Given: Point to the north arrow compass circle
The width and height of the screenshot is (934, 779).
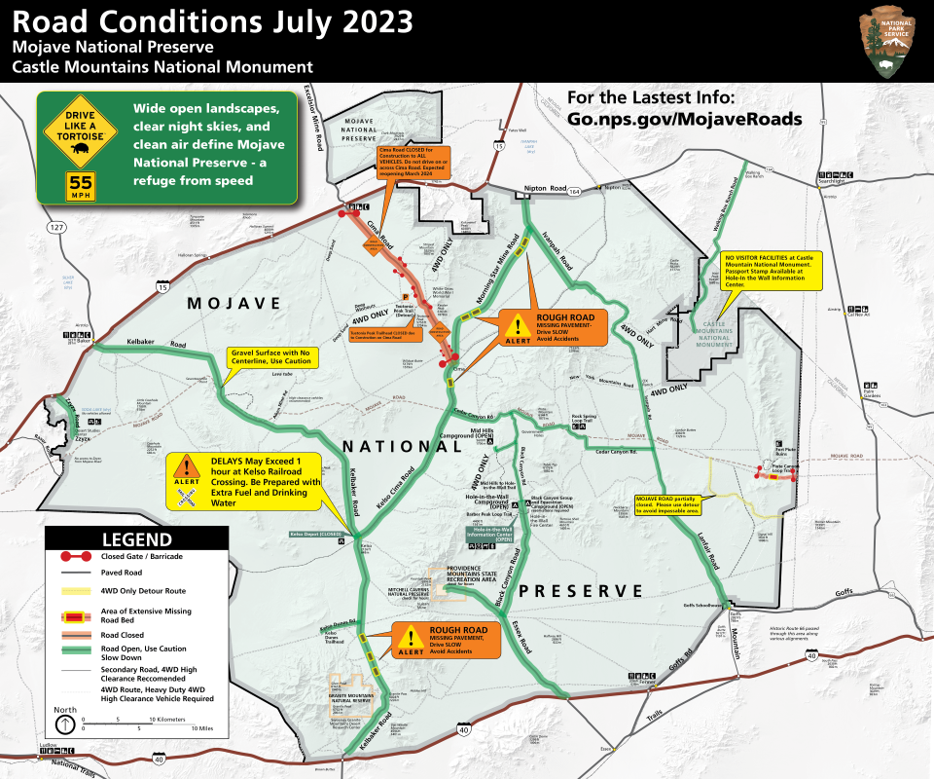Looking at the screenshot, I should click(65, 724).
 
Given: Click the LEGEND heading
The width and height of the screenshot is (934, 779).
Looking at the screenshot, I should click(137, 539).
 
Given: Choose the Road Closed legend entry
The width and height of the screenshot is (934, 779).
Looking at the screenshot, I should click(136, 634).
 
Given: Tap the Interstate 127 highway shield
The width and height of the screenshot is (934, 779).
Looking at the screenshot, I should click(55, 228).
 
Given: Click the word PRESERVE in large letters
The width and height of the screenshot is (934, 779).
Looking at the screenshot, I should click(581, 591).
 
